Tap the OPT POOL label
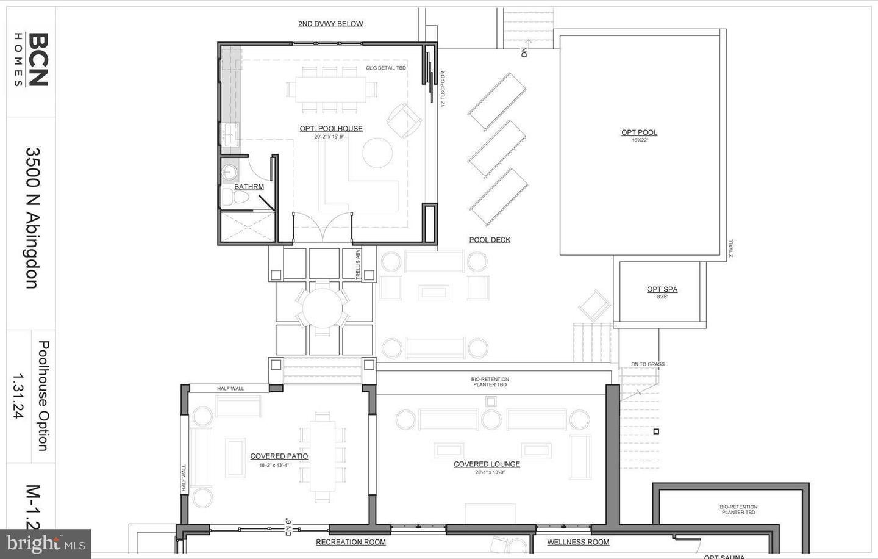639,132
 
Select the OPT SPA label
662,289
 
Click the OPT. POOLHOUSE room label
331,129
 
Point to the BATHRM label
249,187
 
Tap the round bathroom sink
229,170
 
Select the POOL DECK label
490,240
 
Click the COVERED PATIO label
279,456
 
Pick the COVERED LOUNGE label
487,464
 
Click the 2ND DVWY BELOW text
330,24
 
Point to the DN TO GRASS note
648,364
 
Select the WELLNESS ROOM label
578,542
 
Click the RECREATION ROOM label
351,542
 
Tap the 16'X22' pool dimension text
639,140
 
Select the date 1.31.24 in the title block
18,396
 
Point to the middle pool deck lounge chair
498,149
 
